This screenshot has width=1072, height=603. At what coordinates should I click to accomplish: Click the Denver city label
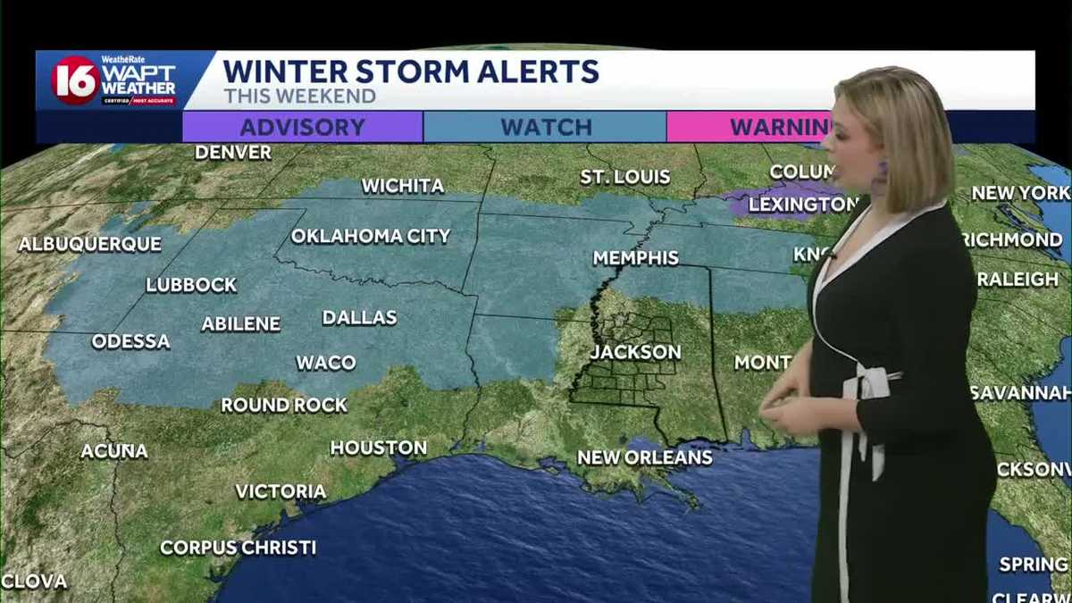[x=233, y=152]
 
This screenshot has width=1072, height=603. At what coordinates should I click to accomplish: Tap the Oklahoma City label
[x=371, y=237]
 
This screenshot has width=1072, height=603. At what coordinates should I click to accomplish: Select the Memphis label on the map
[x=636, y=258]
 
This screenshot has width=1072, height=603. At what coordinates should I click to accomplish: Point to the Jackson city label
[x=635, y=352]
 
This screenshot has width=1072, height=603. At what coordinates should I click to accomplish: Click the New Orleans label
[x=645, y=457]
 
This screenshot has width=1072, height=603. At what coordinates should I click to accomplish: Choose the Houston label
[x=379, y=448]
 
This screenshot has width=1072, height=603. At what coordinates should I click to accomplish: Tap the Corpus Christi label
[x=239, y=548]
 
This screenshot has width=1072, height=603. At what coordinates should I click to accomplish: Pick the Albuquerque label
[x=90, y=244]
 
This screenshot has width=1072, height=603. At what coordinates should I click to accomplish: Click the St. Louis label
[x=625, y=177]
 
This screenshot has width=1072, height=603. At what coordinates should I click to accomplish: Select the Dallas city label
[x=360, y=318]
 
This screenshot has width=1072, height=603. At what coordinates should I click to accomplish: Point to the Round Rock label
[x=284, y=406]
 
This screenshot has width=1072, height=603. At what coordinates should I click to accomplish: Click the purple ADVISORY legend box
[x=302, y=127]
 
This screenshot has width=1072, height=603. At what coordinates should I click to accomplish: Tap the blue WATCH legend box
[x=545, y=127]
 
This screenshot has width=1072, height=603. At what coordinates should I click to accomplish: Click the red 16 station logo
[x=75, y=80]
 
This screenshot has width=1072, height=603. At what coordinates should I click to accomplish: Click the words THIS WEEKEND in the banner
[x=299, y=96]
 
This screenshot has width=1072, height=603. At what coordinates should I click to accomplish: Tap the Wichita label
[x=403, y=186]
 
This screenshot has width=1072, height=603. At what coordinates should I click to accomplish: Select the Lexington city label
[x=801, y=205]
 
